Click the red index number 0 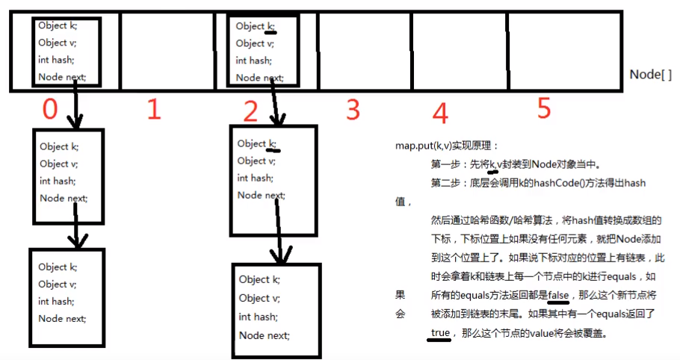point(49,110)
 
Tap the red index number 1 point(153,110)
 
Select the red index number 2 point(250,112)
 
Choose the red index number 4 point(440,114)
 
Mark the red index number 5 point(543,109)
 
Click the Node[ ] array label point(650,75)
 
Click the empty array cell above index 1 point(166,51)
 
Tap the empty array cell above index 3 point(364,51)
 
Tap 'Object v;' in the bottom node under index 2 point(259,298)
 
